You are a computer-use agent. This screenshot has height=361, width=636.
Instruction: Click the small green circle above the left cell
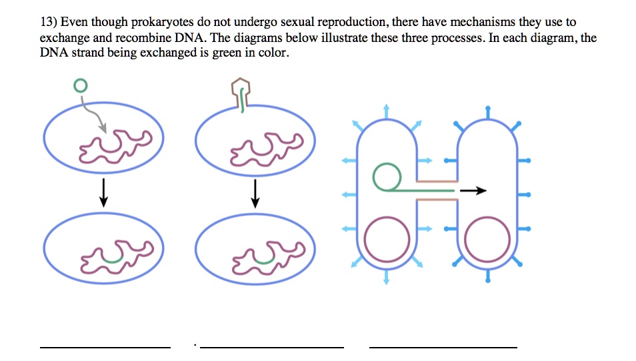point(80,85)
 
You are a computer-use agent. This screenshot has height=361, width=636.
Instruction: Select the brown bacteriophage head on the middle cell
point(240,86)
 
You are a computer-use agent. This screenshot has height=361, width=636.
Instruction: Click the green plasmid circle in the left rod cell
point(385,178)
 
